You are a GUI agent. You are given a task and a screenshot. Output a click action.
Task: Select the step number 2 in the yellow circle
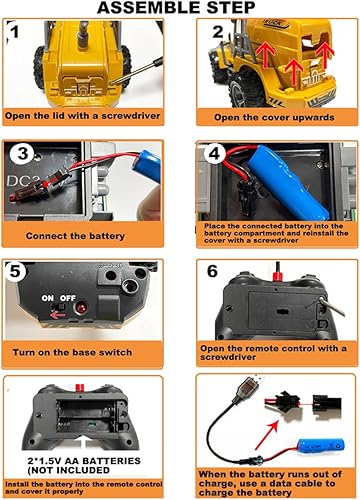pos(217,33)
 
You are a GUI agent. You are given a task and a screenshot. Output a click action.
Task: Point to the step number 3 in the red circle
pos(27,151)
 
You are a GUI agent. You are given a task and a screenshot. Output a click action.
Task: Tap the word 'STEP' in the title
pos(235,9)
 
